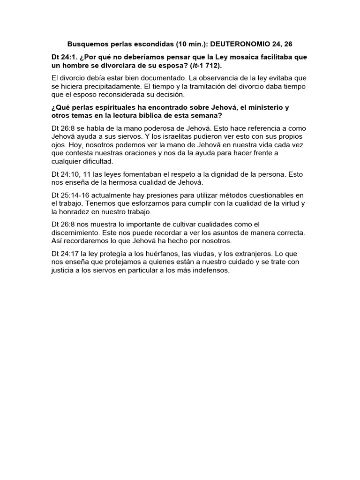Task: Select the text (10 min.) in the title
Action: pyautogui.click(x=192, y=45)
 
